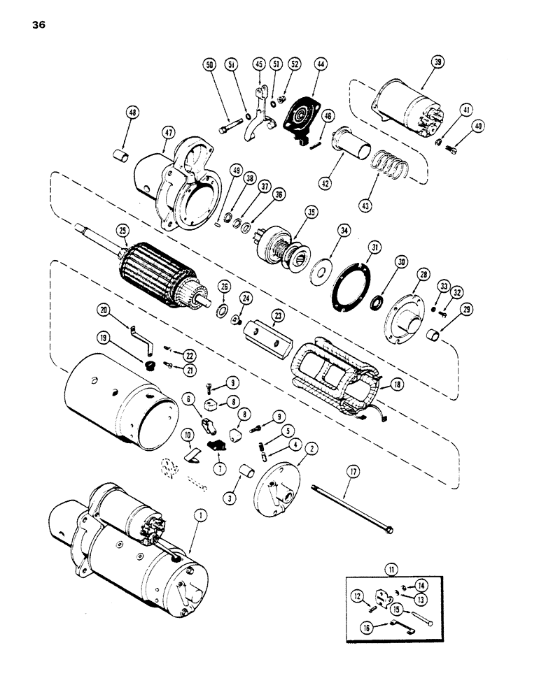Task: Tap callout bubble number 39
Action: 437,64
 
